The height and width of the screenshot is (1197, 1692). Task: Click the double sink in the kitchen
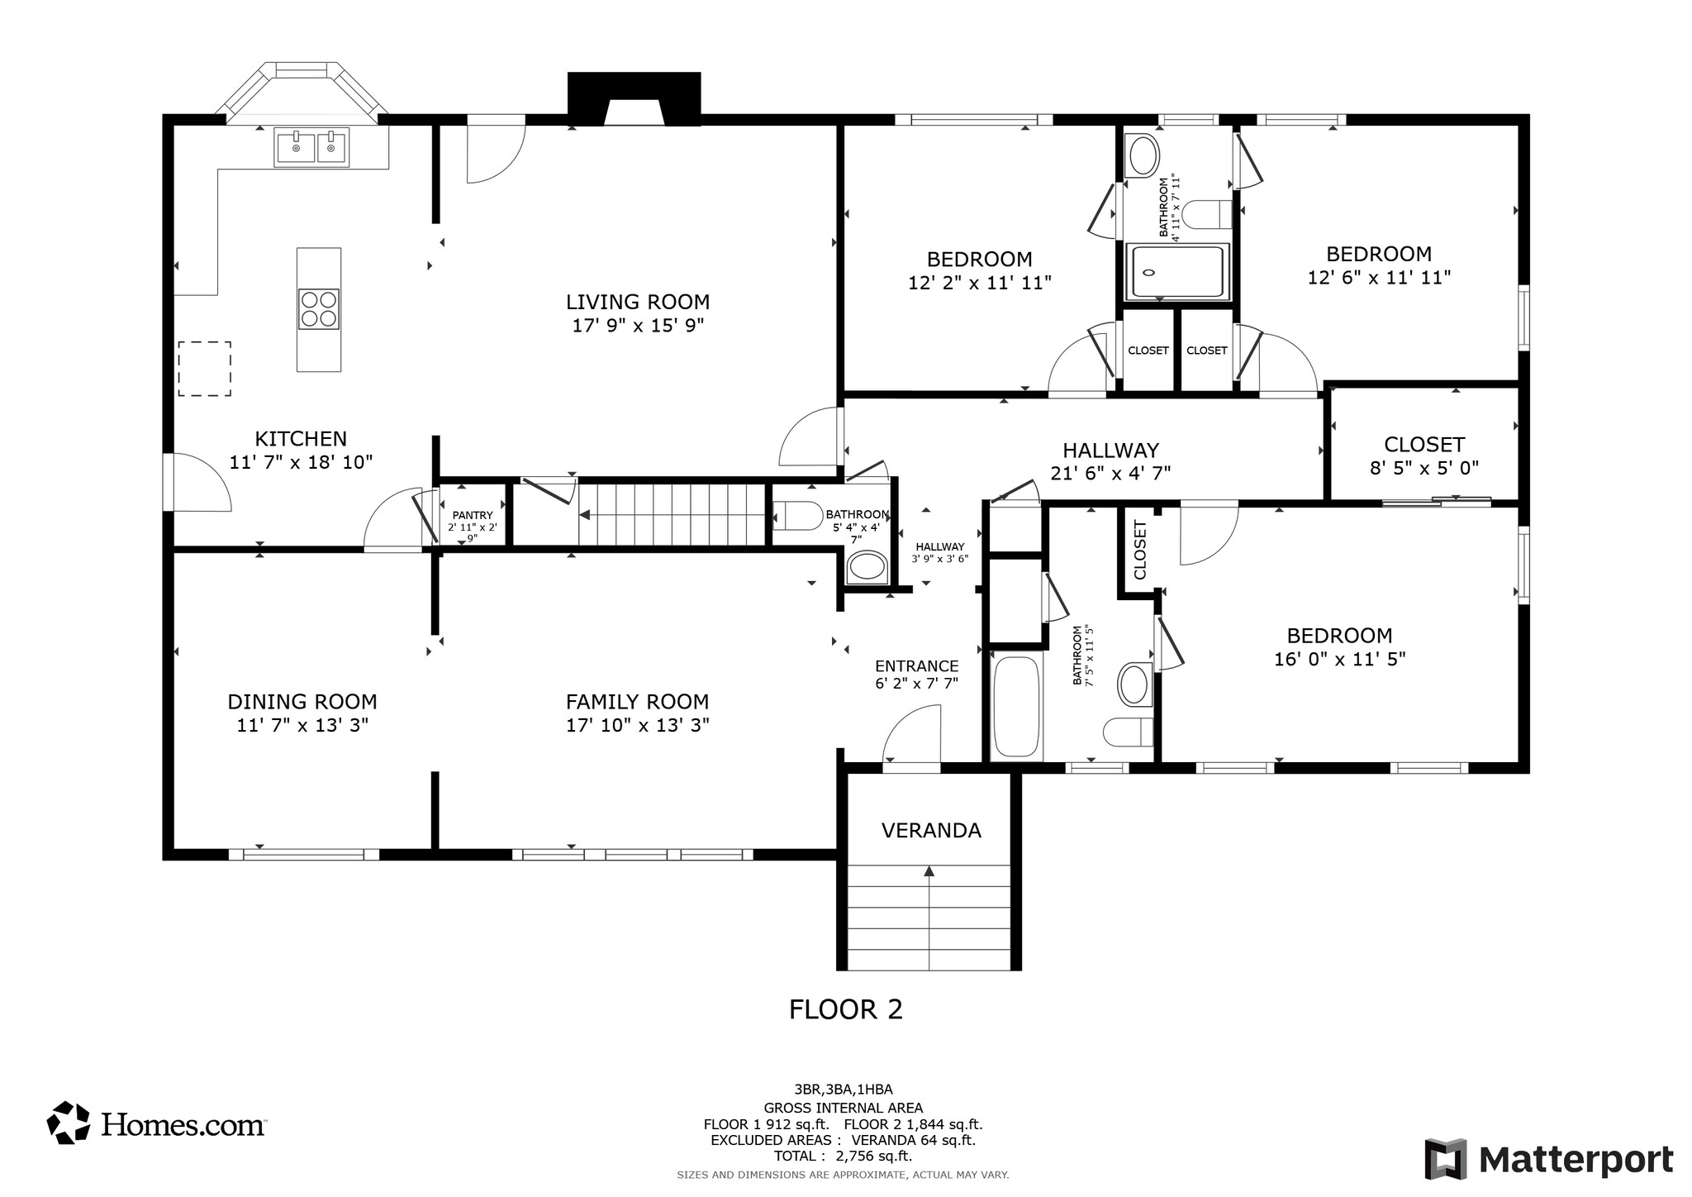(311, 148)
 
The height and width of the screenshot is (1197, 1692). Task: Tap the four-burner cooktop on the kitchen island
(319, 309)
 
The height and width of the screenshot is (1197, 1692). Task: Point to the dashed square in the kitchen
(204, 369)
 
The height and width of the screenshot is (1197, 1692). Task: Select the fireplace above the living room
(634, 99)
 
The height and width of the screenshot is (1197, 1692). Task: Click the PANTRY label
(473, 515)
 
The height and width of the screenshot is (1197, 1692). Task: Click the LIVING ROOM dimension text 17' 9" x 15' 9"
(638, 326)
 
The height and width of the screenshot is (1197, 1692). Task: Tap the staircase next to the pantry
(671, 515)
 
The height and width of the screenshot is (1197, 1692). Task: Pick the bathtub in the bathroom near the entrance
(1015, 708)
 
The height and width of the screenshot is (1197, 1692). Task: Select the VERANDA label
(931, 831)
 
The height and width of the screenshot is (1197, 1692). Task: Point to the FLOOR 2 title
(845, 1009)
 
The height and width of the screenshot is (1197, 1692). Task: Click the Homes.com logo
(156, 1124)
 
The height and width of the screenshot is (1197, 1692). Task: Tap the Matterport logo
(1548, 1159)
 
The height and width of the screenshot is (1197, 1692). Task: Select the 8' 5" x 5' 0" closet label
(1424, 468)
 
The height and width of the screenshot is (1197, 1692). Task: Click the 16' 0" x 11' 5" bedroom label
(1339, 659)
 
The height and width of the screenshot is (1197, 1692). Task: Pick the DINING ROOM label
(302, 702)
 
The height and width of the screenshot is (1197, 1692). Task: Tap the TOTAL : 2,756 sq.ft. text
(843, 1156)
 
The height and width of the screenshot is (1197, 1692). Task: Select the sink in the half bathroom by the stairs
(866, 567)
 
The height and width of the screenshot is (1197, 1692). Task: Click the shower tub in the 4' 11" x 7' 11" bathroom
(1177, 272)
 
